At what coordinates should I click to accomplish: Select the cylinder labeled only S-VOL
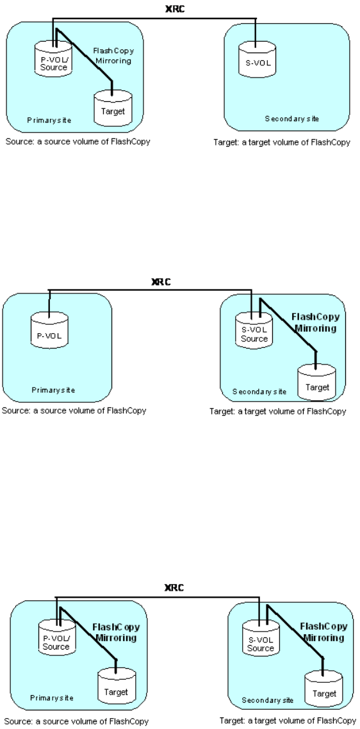[258, 59]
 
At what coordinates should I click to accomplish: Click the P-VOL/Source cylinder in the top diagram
[54, 59]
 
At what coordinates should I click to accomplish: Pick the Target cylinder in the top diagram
[113, 108]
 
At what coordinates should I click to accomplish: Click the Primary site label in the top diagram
[49, 120]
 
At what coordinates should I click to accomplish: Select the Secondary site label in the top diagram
[292, 119]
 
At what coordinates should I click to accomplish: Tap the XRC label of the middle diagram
[161, 282]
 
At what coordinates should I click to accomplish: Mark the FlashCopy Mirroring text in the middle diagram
[315, 323]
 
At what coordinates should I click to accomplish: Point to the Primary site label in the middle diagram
[53, 390]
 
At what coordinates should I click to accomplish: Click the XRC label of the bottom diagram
[174, 587]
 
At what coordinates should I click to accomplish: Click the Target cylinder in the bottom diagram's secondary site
[323, 690]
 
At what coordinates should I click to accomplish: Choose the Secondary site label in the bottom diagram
[268, 700]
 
